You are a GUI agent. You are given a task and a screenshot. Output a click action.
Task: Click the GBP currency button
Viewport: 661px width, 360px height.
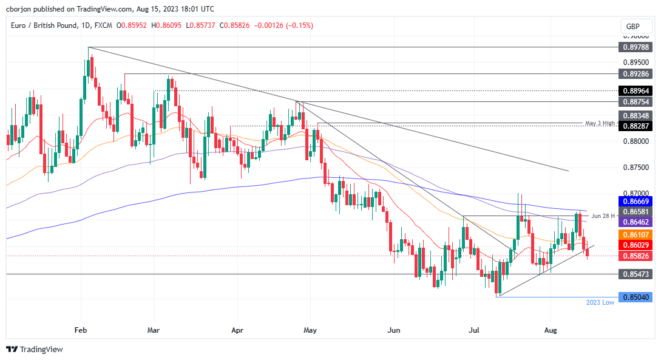(x=632, y=27)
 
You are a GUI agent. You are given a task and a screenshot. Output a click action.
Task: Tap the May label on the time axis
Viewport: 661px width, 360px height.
(x=310, y=330)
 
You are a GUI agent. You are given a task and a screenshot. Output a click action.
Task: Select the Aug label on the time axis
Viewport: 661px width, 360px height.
(x=551, y=330)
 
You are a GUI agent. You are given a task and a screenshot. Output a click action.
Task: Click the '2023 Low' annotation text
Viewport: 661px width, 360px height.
(x=600, y=302)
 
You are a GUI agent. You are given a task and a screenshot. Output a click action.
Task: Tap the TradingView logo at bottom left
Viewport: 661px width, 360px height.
(x=35, y=350)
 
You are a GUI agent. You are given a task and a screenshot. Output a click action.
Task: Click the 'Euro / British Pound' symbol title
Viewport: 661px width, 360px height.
(x=42, y=25)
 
